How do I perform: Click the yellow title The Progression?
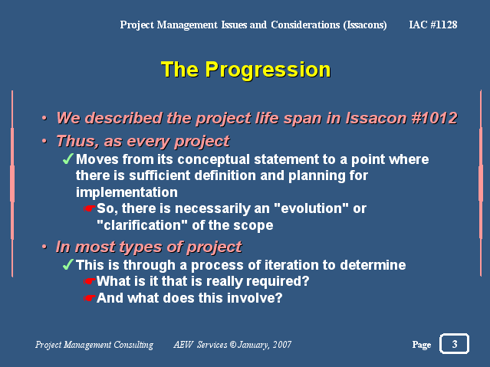coord(245,70)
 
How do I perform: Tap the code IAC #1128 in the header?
coord(433,25)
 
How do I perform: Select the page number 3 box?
coord(454,344)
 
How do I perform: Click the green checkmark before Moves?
coord(68,159)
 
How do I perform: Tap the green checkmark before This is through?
coord(68,264)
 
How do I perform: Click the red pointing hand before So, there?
coord(90,208)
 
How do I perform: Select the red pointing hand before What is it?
coord(90,281)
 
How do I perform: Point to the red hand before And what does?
coord(90,298)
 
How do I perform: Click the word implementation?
coord(127,192)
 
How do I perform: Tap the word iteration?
coord(291,265)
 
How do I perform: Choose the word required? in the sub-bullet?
coord(278,281)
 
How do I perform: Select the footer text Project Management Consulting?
coord(94,345)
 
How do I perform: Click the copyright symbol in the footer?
coord(233,345)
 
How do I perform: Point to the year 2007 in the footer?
coord(282,345)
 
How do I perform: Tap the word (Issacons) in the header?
coord(365,25)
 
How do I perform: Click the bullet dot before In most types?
coord(44,247)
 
